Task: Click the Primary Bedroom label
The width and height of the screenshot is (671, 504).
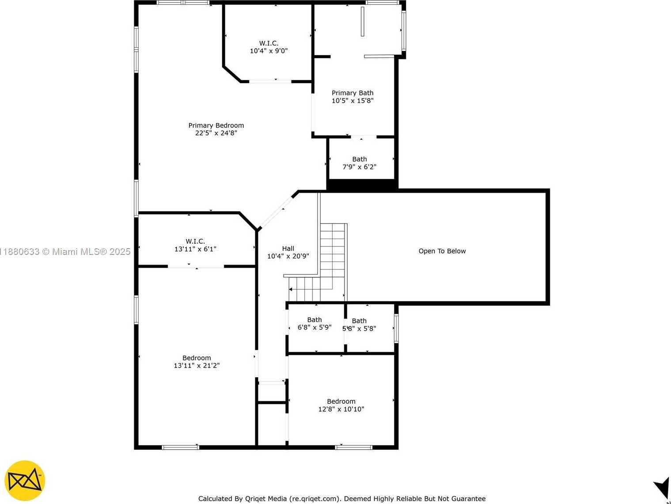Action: tap(216, 125)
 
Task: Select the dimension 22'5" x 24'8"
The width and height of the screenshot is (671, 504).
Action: tap(216, 133)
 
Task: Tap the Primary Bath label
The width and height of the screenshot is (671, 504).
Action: tap(353, 93)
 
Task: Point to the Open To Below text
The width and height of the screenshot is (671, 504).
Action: tap(442, 251)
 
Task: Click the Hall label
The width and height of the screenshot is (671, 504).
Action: tap(288, 249)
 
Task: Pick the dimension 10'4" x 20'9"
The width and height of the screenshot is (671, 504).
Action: tap(288, 256)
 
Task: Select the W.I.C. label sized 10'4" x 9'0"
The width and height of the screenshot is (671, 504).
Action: tap(269, 43)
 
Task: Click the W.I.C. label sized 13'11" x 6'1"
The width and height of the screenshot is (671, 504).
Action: tap(195, 242)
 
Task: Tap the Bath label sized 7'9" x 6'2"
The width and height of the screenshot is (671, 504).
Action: tap(360, 159)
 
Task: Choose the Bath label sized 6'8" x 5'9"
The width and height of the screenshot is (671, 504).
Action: tap(314, 320)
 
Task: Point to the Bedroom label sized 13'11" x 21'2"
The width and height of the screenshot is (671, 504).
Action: tap(197, 358)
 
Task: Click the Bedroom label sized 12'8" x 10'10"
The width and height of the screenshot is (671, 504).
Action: tap(341, 402)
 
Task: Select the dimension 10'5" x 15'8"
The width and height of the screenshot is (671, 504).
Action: tap(353, 101)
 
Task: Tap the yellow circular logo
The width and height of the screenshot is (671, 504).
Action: tap(25, 480)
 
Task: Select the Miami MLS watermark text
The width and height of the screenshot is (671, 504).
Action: tap(65, 251)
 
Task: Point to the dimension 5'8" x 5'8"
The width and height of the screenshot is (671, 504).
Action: tap(359, 329)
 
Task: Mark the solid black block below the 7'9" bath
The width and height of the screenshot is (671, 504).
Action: tap(362, 184)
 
